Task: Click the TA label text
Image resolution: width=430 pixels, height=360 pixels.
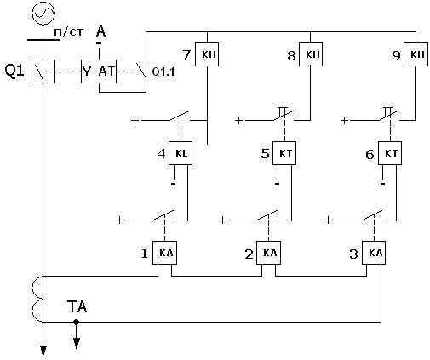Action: pyautogui.click(x=77, y=306)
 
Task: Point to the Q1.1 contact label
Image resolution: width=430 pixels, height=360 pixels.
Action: pyautogui.click(x=163, y=71)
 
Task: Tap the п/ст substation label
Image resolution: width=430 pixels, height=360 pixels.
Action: pyautogui.click(x=69, y=32)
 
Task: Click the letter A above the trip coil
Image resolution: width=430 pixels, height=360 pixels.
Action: pyautogui.click(x=100, y=31)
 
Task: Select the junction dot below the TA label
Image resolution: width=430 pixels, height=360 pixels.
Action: pyautogui.click(x=76, y=322)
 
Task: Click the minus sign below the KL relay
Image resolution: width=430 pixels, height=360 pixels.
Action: pyautogui.click(x=174, y=184)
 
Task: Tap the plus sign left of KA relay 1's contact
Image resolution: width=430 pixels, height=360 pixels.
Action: pyautogui.click(x=119, y=220)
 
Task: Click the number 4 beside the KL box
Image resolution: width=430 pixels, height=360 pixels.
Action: pyautogui.click(x=162, y=154)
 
